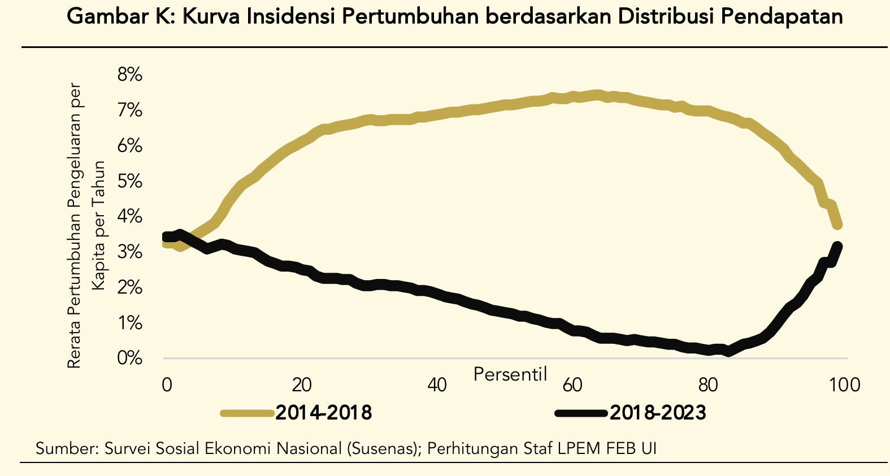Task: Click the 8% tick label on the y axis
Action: click(x=129, y=75)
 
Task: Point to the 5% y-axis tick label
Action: click(x=129, y=181)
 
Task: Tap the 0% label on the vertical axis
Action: click(x=129, y=358)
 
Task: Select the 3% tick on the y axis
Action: click(x=129, y=252)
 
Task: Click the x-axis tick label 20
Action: click(x=302, y=385)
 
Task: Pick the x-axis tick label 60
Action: click(x=572, y=385)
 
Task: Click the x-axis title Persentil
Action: click(x=510, y=374)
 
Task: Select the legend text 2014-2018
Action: click(x=324, y=413)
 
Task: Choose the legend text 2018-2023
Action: click(x=658, y=413)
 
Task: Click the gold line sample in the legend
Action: click(x=246, y=413)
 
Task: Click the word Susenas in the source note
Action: click(x=382, y=449)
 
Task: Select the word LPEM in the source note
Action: click(x=579, y=449)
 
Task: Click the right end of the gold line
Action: click(x=838, y=225)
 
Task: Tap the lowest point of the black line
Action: click(x=730, y=352)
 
